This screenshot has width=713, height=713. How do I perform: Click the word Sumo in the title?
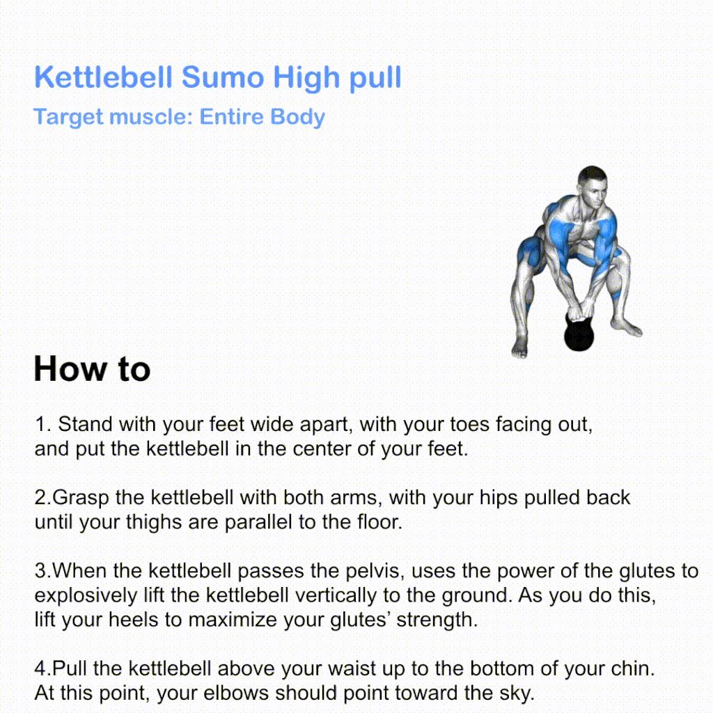click(222, 77)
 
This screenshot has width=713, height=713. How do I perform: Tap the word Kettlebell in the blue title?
click(103, 77)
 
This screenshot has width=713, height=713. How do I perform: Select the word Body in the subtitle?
click(297, 116)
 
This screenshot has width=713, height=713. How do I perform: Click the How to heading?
click(92, 368)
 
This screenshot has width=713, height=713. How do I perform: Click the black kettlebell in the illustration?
click(579, 334)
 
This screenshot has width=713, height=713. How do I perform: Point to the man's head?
click(592, 187)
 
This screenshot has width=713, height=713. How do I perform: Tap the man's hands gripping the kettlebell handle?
click(580, 311)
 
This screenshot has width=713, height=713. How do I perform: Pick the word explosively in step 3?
click(86, 596)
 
